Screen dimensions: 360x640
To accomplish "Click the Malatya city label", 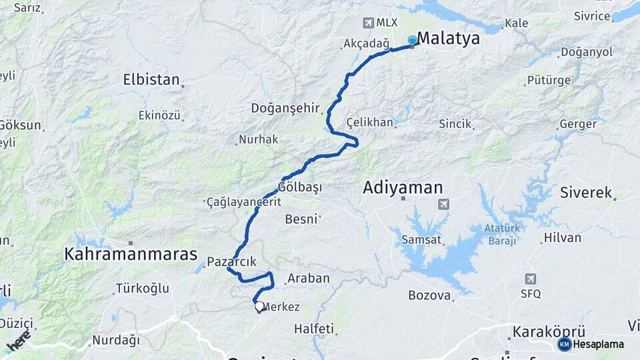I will coord(448,39).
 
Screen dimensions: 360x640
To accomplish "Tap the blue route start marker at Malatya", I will coord(412,41).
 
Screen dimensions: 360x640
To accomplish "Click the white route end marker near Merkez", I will coord(259,306).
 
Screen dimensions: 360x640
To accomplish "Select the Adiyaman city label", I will coord(403,188).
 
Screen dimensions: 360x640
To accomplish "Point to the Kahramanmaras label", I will coord(131,254).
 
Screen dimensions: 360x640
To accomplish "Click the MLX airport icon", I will coord(368,23).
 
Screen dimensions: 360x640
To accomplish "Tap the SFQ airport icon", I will coord(531,279).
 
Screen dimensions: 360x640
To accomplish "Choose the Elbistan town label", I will coord(151,80).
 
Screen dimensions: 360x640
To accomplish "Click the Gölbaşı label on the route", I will coord(300,187).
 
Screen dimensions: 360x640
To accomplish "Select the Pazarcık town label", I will coord(231,261).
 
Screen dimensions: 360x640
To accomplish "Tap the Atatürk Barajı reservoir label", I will coord(491,235).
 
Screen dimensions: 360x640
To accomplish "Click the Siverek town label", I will coord(586,193).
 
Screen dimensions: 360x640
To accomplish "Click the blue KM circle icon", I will coord(565,344).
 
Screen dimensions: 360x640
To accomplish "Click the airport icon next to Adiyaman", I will coord(444,204).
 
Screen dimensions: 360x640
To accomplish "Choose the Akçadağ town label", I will coord(365,43).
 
